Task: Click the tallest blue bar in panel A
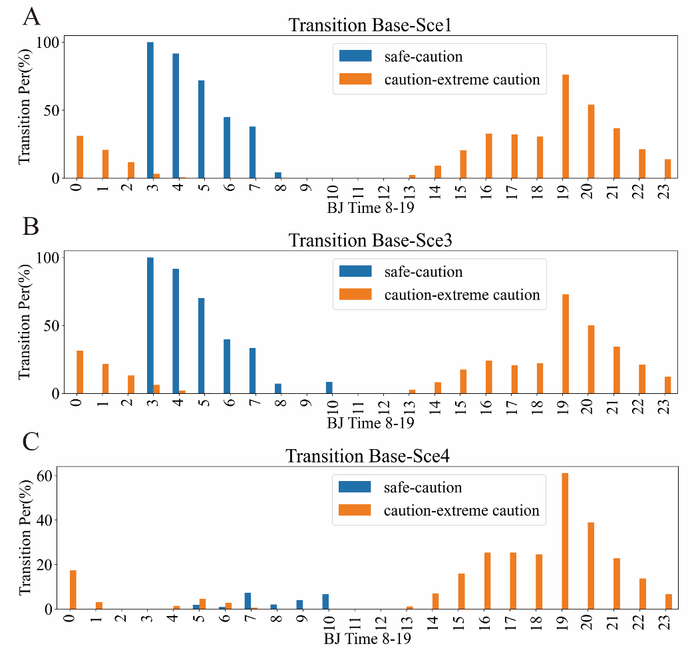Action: tap(150, 110)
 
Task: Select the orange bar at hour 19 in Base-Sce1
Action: tap(565, 126)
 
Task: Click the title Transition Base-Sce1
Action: tap(371, 25)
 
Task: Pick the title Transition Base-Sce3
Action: tap(371, 240)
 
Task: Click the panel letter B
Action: tap(31, 226)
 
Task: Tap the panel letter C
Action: tap(31, 442)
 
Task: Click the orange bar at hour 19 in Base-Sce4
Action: tap(565, 541)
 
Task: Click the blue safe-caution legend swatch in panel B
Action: tap(355, 272)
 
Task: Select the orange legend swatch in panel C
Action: tap(355, 511)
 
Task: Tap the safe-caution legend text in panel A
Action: tap(423, 57)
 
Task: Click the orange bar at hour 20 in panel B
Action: tap(591, 360)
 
